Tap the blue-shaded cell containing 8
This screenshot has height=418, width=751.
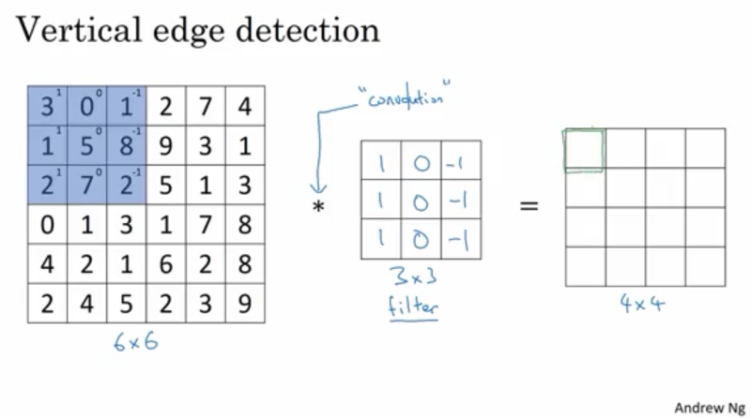click(126, 145)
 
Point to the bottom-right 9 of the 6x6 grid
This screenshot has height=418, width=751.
click(245, 303)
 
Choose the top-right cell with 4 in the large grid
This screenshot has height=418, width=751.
click(245, 106)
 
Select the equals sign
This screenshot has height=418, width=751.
click(529, 202)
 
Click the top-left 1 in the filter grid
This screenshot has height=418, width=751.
click(381, 160)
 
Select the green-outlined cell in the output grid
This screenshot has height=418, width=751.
click(584, 148)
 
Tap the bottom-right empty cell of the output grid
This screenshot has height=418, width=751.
click(705, 266)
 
